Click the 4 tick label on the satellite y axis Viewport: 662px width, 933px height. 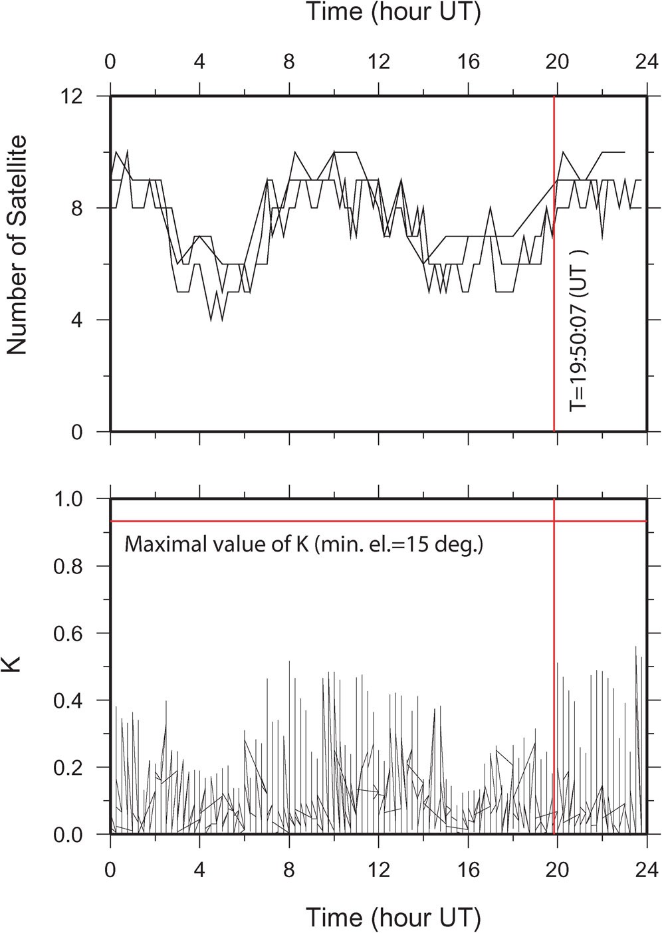click(x=78, y=320)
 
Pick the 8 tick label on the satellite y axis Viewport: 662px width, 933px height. click(x=78, y=208)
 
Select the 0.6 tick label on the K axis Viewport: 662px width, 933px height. click(x=70, y=633)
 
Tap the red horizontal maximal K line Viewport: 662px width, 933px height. click(x=332, y=521)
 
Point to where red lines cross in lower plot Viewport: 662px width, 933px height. click(x=554, y=521)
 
